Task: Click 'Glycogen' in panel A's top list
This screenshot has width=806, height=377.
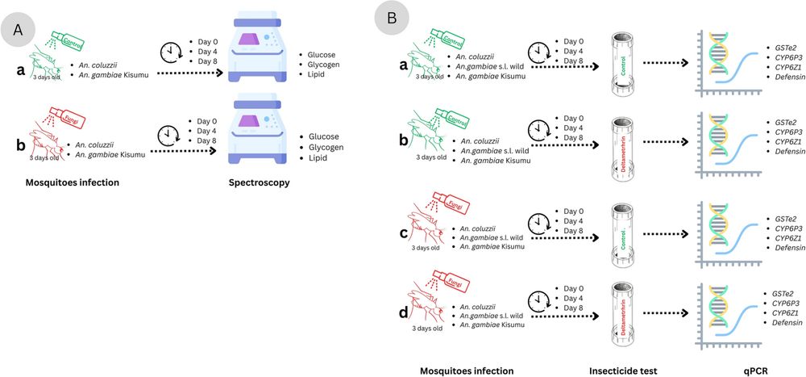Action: click(x=316, y=61)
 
